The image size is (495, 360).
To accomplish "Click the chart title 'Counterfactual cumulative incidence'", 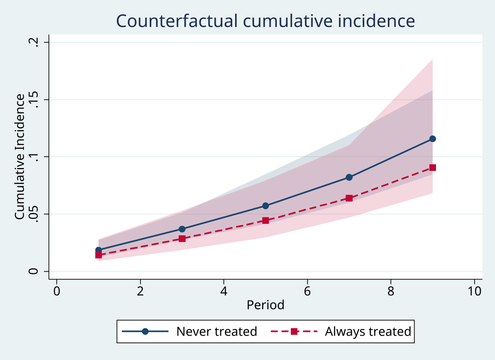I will pos(265,21).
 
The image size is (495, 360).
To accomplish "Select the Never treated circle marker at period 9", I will pos(432,139).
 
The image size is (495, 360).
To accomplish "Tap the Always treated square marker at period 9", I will pos(432,168).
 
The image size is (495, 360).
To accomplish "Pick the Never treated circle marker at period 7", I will pos(349,177).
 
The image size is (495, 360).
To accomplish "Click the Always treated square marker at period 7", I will pos(349,198).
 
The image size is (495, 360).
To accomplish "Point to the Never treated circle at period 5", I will pos(266,206).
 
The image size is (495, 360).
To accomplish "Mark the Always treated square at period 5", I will pos(266,220).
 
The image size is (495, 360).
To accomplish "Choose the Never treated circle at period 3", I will pos(182,229).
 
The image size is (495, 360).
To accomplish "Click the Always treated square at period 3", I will pos(182,239).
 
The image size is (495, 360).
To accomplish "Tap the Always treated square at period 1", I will pos(99,255).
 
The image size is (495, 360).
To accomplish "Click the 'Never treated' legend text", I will pos(217,332).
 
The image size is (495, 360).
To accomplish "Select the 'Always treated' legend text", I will pos(368,332).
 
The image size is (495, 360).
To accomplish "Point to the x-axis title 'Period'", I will pos(265,305).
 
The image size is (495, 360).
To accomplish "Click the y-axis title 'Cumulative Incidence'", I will pos(19,157).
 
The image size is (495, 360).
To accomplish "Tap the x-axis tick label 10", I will pos(474,291).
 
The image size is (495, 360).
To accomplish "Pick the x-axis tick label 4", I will pos(224,291).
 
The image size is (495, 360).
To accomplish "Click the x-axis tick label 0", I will pos(57,291).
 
